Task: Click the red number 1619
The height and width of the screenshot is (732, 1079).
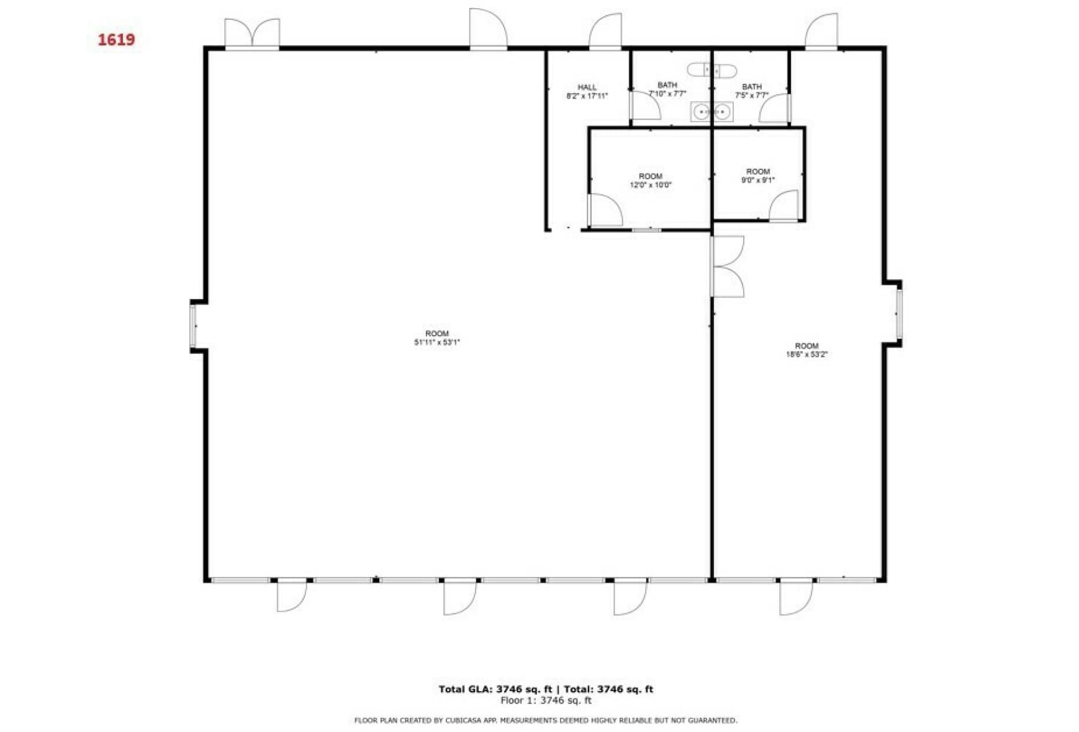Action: [x=116, y=40]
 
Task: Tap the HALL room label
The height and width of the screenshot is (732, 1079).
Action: [x=587, y=87]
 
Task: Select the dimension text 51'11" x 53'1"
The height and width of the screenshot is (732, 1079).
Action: [x=437, y=342]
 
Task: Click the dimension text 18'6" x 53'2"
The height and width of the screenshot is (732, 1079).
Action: [x=806, y=355]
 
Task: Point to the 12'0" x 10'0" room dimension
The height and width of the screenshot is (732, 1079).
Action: [x=651, y=185]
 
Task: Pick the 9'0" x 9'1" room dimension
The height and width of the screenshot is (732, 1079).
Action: [x=757, y=181]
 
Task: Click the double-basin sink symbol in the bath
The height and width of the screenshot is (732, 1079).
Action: [x=711, y=112]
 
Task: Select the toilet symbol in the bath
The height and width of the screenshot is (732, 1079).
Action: [x=712, y=70]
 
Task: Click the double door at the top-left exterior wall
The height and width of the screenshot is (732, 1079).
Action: [x=252, y=33]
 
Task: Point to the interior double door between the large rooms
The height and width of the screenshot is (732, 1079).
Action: [x=726, y=266]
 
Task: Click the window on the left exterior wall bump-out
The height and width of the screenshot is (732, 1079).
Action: [x=193, y=326]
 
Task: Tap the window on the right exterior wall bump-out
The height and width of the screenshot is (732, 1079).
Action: [x=898, y=313]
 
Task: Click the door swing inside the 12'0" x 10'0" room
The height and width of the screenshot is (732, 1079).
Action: [x=605, y=211]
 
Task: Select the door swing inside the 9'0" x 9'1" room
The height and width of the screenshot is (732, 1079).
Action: [x=785, y=205]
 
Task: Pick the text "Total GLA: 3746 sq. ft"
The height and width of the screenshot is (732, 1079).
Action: [x=495, y=689]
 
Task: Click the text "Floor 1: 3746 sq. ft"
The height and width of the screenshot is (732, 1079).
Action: [x=546, y=700]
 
